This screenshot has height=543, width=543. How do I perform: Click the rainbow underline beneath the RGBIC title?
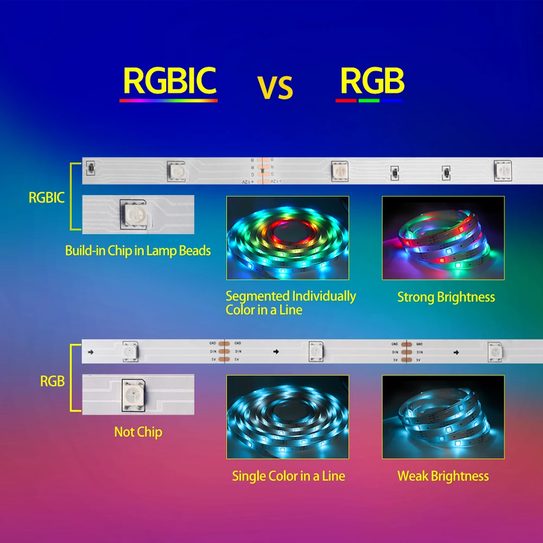click(168, 100)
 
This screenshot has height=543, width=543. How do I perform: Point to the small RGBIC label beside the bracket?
click(47, 198)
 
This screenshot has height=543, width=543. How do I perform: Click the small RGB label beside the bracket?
click(53, 381)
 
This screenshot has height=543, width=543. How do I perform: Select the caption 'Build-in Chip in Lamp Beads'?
click(138, 250)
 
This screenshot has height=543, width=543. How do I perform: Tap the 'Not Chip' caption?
click(138, 432)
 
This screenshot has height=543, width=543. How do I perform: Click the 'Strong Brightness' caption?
click(446, 297)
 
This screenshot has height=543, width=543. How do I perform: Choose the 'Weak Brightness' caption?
click(443, 476)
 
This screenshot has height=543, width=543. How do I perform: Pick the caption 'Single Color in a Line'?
click(288, 476)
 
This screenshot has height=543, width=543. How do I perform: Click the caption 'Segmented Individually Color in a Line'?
click(291, 303)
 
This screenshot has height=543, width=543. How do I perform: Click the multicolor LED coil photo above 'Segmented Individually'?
click(287, 238)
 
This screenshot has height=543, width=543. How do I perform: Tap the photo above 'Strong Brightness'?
click(443, 238)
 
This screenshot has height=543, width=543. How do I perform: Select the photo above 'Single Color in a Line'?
click(287, 416)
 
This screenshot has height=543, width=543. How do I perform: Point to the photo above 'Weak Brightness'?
click(443, 416)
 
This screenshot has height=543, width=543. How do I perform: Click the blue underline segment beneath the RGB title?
click(392, 100)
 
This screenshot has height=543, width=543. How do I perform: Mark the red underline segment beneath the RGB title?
click(346, 100)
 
